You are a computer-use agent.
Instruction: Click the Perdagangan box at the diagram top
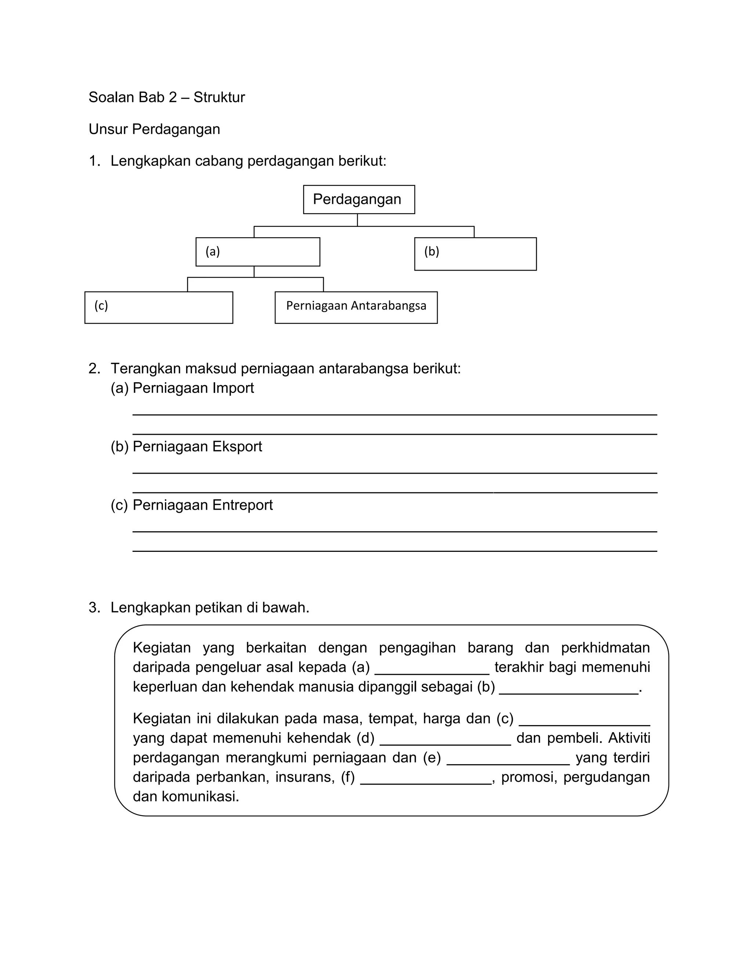click(x=359, y=199)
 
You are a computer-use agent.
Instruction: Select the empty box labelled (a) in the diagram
click(x=257, y=252)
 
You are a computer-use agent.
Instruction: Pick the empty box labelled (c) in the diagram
click(x=159, y=307)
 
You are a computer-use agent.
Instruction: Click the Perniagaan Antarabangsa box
click(x=356, y=307)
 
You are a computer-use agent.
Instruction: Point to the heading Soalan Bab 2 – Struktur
click(x=167, y=97)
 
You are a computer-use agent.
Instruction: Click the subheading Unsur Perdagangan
click(x=154, y=129)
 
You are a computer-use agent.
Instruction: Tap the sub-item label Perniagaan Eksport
click(x=197, y=446)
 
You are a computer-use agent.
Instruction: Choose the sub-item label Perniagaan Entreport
click(x=202, y=505)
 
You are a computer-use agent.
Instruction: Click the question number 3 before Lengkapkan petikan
click(x=94, y=608)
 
